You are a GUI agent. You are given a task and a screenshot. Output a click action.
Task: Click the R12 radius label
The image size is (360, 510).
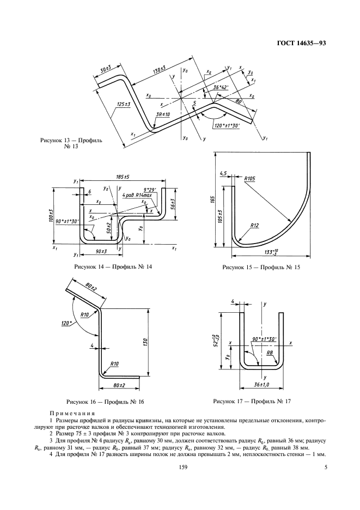(255, 224)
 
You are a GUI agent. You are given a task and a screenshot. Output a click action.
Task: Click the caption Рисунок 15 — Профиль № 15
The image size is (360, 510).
(261, 268)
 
